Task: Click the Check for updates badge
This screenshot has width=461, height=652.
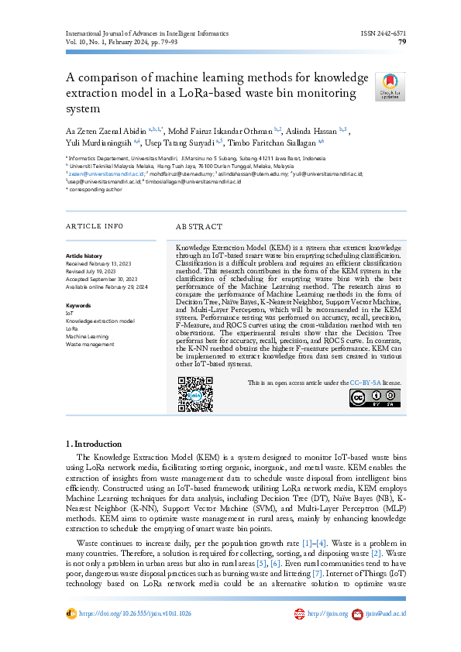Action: [389, 87]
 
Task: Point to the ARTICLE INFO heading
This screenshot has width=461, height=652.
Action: [95, 227]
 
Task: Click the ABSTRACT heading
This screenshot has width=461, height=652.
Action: [198, 227]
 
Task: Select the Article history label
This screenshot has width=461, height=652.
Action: [84, 255]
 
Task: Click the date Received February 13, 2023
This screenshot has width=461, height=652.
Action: [101, 263]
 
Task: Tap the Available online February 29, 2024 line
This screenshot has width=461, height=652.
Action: [107, 286]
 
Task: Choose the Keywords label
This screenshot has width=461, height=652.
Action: [79, 305]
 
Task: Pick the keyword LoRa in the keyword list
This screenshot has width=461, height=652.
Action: [72, 328]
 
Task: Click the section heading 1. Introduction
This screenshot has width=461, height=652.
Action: [94, 444]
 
